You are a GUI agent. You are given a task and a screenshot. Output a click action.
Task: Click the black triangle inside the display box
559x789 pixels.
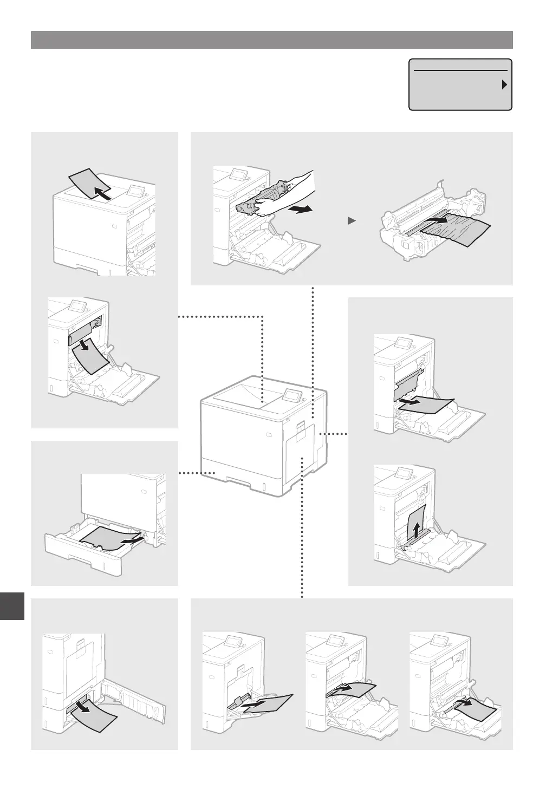[x=504, y=84]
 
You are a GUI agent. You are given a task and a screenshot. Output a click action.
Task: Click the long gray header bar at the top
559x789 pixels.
[x=271, y=40]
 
